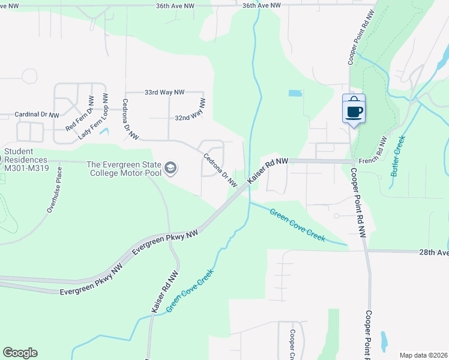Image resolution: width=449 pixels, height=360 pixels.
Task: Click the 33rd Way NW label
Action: (x=164, y=92)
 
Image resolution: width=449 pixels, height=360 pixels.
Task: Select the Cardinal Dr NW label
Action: (x=37, y=114)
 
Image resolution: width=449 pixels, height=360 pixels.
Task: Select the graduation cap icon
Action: (x=171, y=169)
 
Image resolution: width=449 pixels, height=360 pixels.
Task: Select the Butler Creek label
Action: (x=399, y=156)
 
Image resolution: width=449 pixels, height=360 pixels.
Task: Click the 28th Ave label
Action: (x=433, y=253)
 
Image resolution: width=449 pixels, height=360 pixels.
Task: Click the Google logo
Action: (x=20, y=353)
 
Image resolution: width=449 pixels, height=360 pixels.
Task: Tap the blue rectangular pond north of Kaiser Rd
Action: (x=295, y=94)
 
